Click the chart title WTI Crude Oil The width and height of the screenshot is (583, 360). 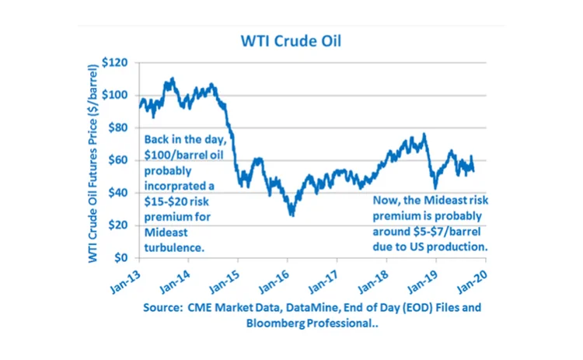click(291, 38)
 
